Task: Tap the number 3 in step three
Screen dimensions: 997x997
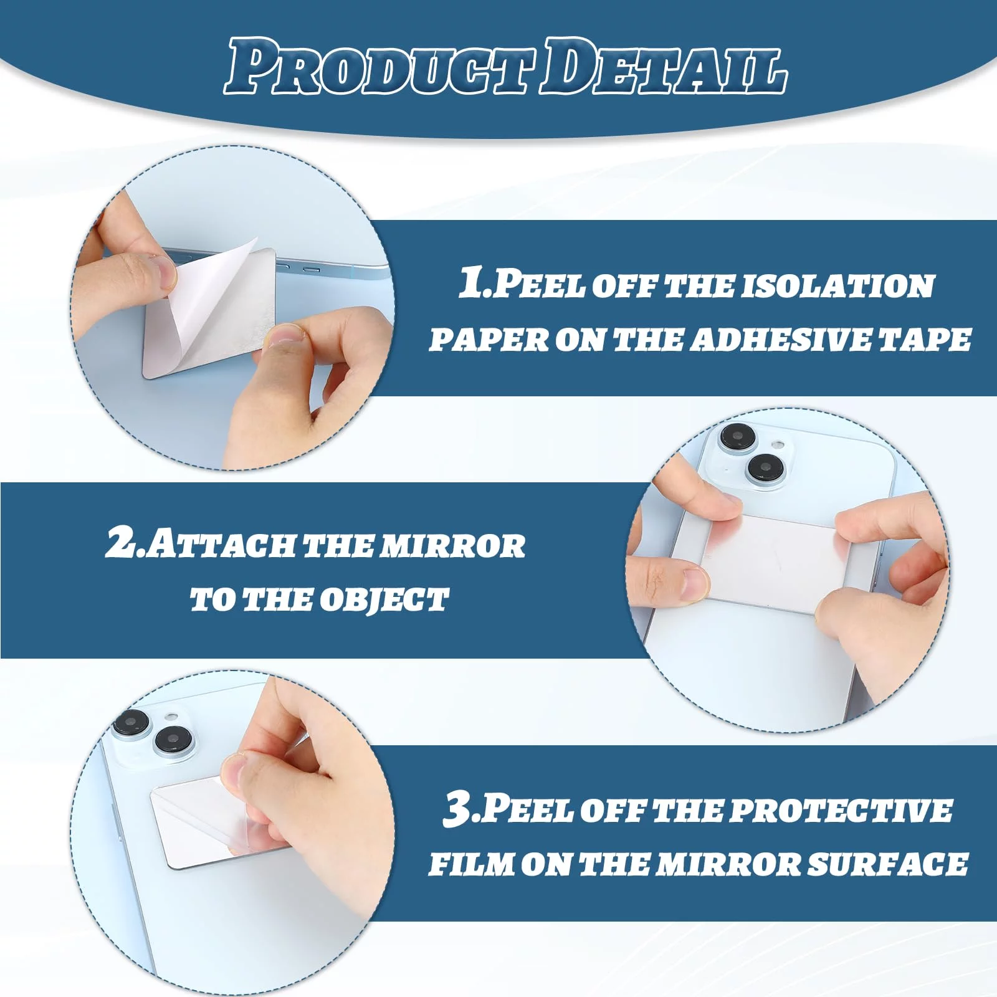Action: tap(457, 809)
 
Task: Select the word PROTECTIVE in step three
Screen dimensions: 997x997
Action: tap(842, 811)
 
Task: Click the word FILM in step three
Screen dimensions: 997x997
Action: tap(468, 864)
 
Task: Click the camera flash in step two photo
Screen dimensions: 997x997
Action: tap(778, 444)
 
